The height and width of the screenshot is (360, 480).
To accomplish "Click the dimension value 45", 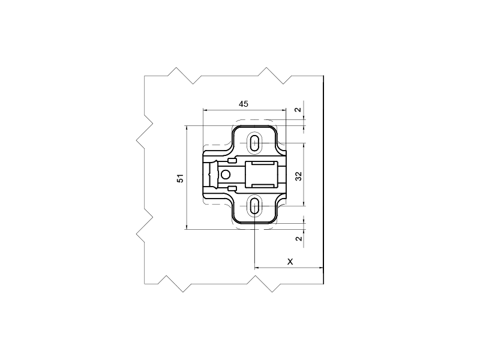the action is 244,104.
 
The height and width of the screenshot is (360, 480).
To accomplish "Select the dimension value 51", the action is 181,178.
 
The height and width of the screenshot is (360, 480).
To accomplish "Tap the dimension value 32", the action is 298,176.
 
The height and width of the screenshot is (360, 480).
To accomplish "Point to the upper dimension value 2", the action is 298,110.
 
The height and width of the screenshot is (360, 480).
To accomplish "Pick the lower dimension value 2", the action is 298,238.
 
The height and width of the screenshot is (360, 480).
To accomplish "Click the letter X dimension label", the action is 290,262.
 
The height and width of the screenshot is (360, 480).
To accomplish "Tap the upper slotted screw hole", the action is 254,143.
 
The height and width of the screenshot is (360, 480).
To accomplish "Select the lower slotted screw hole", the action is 254,206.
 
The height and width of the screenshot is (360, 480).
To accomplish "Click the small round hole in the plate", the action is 226,175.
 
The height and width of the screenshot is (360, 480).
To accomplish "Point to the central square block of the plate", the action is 262,174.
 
